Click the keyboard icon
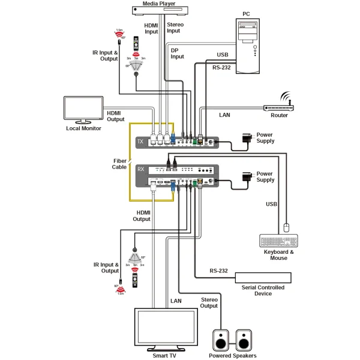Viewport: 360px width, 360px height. click(278, 241)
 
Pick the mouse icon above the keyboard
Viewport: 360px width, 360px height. click(286, 227)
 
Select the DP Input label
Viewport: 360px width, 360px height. click(178, 53)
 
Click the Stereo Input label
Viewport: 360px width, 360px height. click(173, 28)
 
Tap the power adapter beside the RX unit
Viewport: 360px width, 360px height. click(246, 176)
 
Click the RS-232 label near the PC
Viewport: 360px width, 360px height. click(221, 67)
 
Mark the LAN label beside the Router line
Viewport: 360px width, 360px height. click(224, 114)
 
